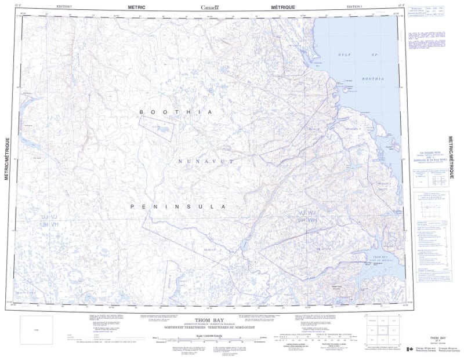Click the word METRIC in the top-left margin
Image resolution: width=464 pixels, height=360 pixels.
pyautogui.click(x=135, y=7)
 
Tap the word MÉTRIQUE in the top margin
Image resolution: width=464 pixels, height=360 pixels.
pyautogui.click(x=282, y=7)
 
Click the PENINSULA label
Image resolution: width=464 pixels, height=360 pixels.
pyautogui.click(x=177, y=206)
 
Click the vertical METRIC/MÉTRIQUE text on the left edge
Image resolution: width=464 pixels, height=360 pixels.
pyautogui.click(x=8, y=159)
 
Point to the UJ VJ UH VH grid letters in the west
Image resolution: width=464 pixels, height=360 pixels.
pyautogui.click(x=50, y=220)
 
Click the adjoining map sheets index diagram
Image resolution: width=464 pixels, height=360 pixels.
pyautogui.click(x=382, y=332)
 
